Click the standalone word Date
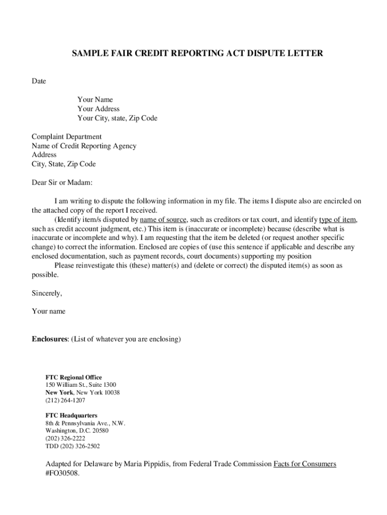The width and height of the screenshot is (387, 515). [39, 81]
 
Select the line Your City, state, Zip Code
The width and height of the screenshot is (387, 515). [117, 118]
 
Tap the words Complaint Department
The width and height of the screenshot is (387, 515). [66, 137]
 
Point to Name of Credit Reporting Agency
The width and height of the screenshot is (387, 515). [84, 146]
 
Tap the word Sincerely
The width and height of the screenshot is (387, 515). [47, 293]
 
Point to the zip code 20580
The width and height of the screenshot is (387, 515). [99, 431]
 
